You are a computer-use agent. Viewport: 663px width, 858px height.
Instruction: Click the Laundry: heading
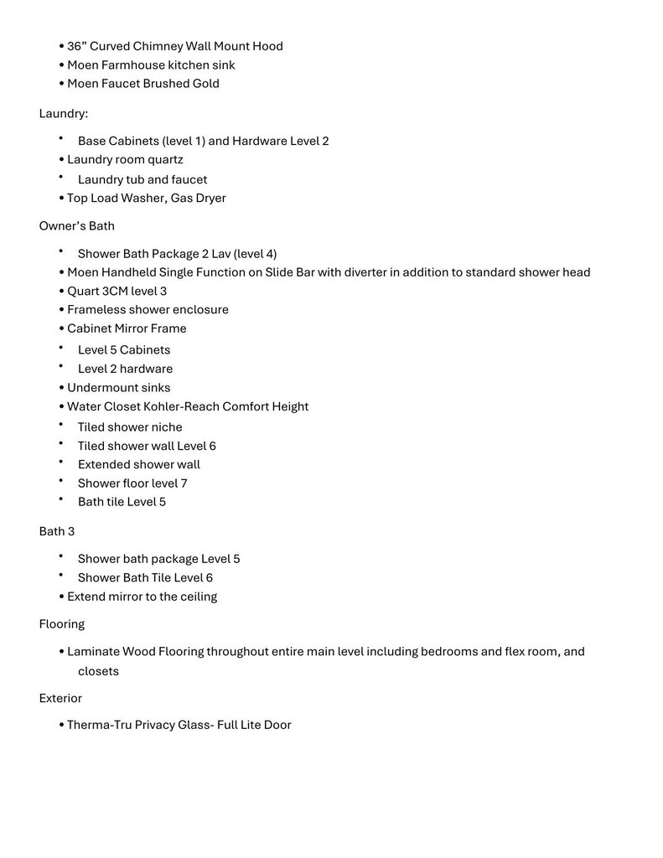coord(63,113)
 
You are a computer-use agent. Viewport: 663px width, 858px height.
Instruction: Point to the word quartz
coord(166,159)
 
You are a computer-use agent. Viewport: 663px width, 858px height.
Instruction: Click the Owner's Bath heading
coord(77,225)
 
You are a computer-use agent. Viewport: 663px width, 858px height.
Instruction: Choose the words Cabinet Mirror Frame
coord(127,328)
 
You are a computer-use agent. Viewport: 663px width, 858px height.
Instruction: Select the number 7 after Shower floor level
coord(184,483)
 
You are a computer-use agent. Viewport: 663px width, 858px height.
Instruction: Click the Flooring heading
coord(62,624)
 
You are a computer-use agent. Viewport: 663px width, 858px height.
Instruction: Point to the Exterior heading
coord(60,698)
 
